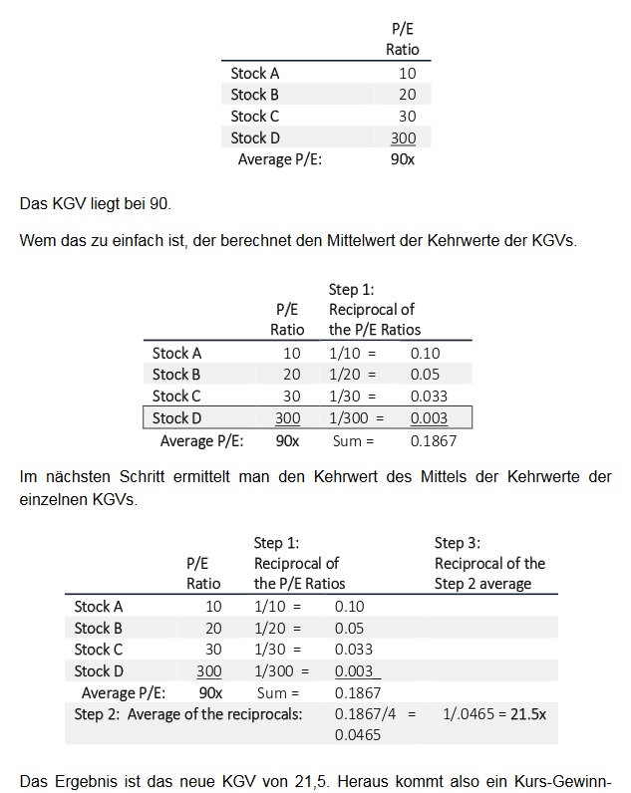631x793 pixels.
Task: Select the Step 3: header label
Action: pos(458,543)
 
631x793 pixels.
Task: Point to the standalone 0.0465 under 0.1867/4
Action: pos(357,734)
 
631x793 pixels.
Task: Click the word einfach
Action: pos(130,244)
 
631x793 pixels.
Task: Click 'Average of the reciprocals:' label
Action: pos(225,714)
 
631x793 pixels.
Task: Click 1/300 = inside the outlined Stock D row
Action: pos(361,418)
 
